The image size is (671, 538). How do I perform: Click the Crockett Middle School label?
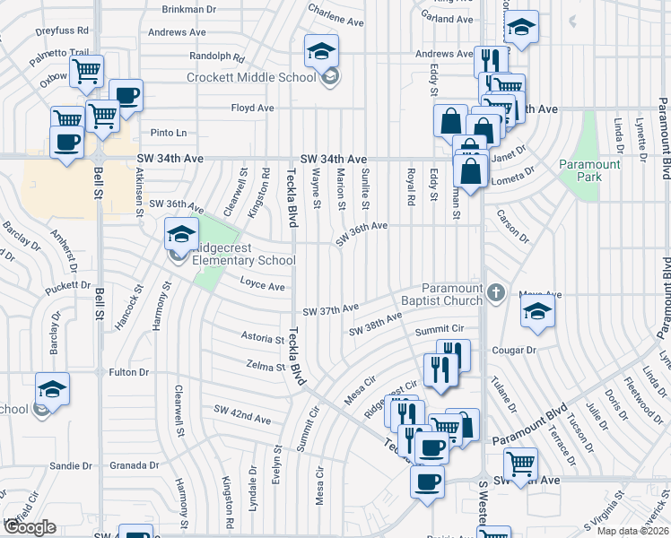click(x=251, y=78)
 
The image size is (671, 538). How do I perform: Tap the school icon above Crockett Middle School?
click(x=320, y=52)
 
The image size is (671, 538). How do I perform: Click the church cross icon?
click(x=496, y=293)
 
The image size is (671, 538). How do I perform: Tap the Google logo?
click(x=29, y=527)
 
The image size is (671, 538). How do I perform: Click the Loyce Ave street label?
click(x=262, y=286)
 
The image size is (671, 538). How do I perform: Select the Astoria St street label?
click(x=262, y=338)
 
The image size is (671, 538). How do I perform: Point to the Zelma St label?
click(x=265, y=365)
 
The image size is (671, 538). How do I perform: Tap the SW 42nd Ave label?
click(x=242, y=419)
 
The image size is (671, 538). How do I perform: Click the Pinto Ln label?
click(x=168, y=133)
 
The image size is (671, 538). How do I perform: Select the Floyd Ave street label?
click(x=253, y=108)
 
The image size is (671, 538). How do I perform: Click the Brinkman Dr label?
click(x=189, y=10)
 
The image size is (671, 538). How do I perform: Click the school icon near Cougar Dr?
click(x=537, y=312)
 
